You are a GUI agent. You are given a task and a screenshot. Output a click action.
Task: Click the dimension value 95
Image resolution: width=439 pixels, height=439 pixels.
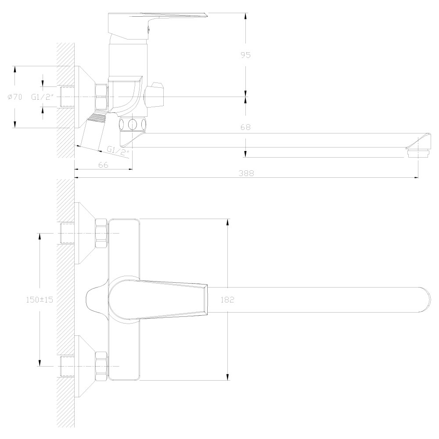tap(245, 55)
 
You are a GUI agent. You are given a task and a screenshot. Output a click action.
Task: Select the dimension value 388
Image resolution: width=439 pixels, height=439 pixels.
tap(246, 173)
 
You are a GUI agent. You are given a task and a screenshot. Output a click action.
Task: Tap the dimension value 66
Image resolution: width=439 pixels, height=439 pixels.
tap(103, 165)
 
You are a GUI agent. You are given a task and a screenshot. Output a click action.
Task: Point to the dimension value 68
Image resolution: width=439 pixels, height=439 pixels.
tap(245, 127)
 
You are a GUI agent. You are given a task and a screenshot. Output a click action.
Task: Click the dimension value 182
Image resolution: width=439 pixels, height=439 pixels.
tap(227, 299)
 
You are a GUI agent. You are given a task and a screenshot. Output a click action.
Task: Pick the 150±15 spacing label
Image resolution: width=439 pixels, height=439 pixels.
tap(40, 299)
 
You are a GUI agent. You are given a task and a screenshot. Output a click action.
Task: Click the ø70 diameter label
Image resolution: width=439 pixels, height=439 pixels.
tap(14, 97)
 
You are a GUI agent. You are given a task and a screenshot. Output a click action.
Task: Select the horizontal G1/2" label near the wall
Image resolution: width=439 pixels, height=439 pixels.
tap(42, 97)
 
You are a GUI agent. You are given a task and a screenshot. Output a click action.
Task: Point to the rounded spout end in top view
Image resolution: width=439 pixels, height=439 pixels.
tap(424, 299)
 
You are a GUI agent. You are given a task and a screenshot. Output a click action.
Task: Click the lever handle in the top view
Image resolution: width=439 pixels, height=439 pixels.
tap(158, 299)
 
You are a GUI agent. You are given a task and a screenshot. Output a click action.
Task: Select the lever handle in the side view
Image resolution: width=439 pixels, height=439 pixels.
tap(157, 25)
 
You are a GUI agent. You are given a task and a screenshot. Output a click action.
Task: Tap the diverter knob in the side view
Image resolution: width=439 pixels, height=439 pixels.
tap(154, 95)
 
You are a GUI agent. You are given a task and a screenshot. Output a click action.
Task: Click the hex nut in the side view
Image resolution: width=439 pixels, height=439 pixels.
tap(101, 97)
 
